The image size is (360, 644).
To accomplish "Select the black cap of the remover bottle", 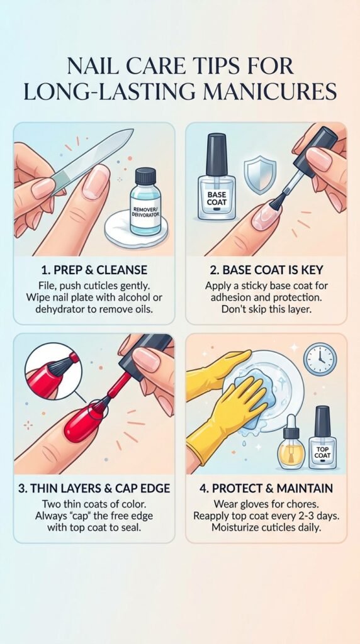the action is coord(145,177).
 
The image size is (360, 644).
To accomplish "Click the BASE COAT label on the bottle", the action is coord(217,199).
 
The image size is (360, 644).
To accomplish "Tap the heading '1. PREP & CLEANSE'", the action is coord(94,270).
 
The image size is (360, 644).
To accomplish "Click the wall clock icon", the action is coord(320,360).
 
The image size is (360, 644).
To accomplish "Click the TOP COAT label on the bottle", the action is coord(322,452).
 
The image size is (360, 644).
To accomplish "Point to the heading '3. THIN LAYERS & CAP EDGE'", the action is coord(94,488).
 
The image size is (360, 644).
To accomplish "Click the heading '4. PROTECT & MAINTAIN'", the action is coord(266,488).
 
